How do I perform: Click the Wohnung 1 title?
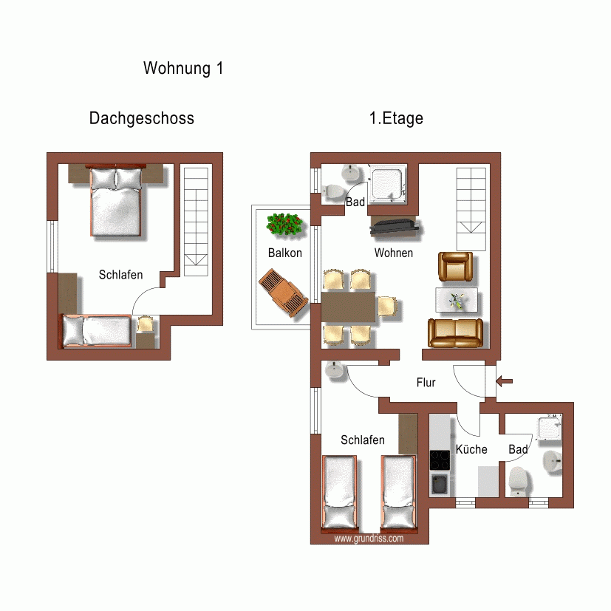tap(182, 69)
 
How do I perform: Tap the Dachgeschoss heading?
tap(141, 118)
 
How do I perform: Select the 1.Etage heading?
tap(396, 118)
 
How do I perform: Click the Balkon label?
tap(284, 253)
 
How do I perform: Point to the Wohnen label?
tap(393, 253)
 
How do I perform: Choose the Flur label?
tap(426, 383)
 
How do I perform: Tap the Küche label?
tap(471, 449)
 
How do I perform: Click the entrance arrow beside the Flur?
tap(505, 381)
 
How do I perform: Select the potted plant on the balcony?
tap(285, 225)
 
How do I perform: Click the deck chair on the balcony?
tap(282, 294)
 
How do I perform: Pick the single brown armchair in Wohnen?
tap(455, 267)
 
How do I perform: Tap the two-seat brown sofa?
tap(455, 333)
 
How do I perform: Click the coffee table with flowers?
tap(456, 300)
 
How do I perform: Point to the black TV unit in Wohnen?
tap(395, 228)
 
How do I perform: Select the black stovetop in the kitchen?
tap(440, 460)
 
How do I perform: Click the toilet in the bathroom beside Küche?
tap(519, 482)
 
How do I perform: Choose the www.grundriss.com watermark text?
tap(369, 539)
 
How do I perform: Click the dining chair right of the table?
tap(387, 305)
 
